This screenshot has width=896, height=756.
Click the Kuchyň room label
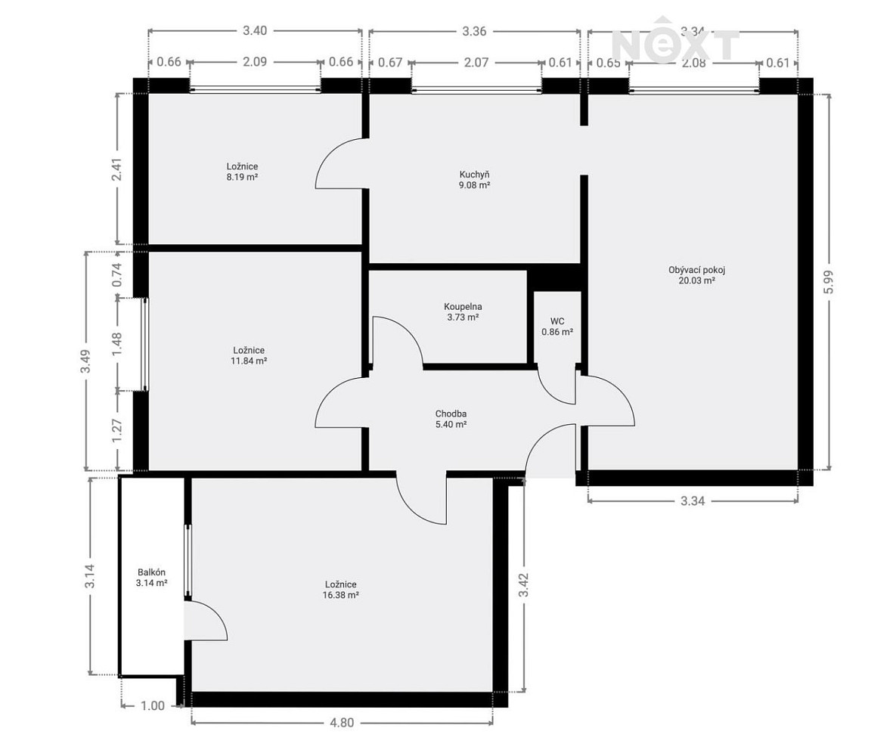(x=474, y=175)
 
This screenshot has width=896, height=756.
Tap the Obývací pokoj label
(x=696, y=270)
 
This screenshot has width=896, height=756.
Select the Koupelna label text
(x=463, y=306)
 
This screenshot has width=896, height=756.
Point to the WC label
(x=557, y=321)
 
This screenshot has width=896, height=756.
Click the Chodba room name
(x=451, y=414)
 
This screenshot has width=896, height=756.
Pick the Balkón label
(x=151, y=572)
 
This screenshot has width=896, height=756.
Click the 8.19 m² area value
(x=242, y=177)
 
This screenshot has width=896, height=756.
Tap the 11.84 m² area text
(x=249, y=361)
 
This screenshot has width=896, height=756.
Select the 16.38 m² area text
(x=340, y=595)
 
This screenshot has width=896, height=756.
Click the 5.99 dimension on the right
(x=829, y=282)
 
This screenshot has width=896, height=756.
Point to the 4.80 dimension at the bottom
(x=342, y=722)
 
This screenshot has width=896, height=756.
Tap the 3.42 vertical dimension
(x=523, y=585)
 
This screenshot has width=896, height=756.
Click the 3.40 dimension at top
(x=255, y=30)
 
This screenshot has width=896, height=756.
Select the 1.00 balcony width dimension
(x=153, y=705)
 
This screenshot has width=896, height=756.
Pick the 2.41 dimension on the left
(x=116, y=169)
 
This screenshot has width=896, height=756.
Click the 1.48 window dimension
(x=116, y=345)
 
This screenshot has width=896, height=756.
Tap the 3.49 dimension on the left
(x=85, y=361)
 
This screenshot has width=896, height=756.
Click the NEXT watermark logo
(x=675, y=41)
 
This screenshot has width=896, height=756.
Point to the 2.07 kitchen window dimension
(x=476, y=62)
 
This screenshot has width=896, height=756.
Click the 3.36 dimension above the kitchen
(x=474, y=30)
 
